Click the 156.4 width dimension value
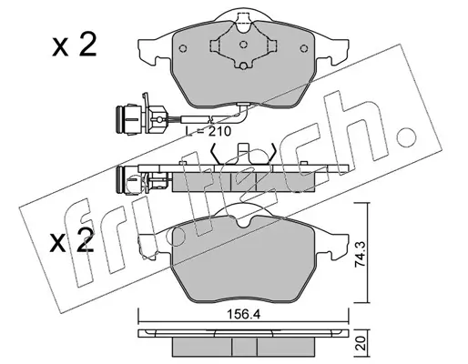click(x=244, y=315)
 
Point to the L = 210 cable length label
click(x=208, y=131)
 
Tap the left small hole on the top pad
click(x=183, y=48)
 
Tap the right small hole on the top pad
click(x=303, y=48)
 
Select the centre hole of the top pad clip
click(x=243, y=45)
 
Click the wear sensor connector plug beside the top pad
click(x=140, y=117)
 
